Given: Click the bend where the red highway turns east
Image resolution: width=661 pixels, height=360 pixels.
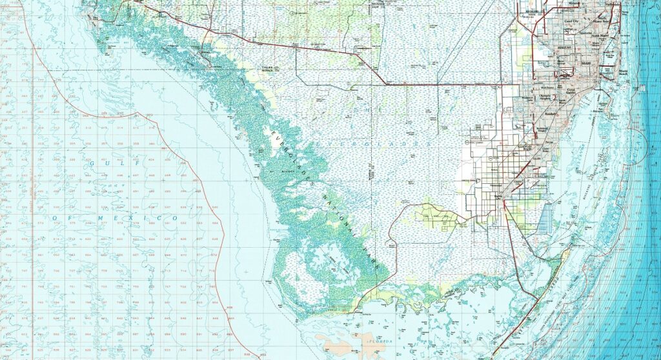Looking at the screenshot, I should point(385,83).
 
